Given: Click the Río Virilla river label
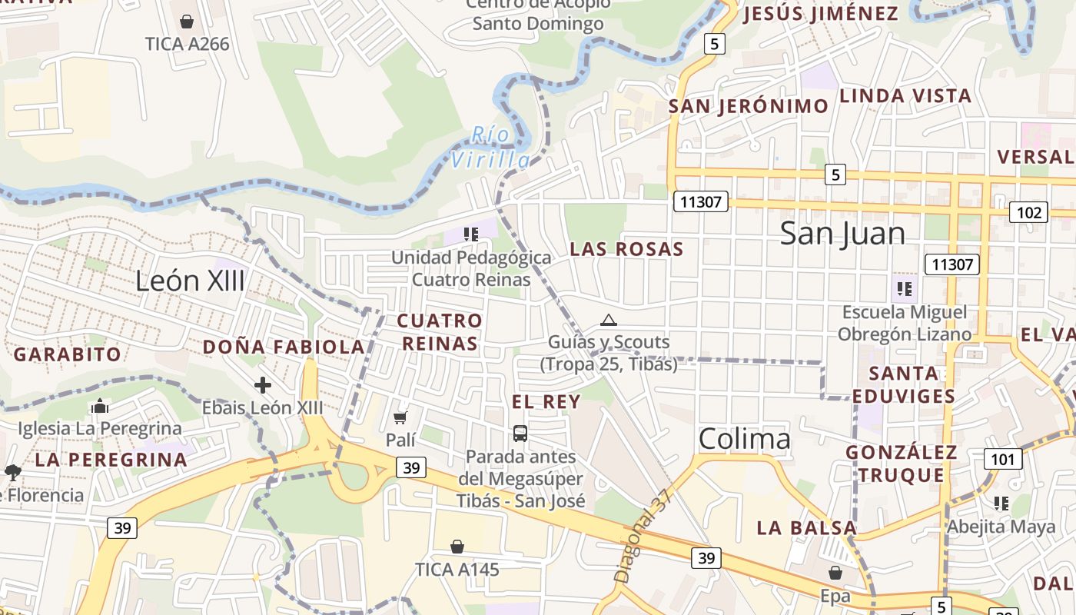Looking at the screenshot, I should (490, 147).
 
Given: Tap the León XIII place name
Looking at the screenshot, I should (190, 281).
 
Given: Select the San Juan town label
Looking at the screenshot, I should (843, 233).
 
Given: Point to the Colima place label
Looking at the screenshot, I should (745, 438).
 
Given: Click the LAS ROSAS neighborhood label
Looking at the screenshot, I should (626, 249).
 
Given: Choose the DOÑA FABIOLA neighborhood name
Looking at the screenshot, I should (284, 347).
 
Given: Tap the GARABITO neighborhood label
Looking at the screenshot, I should (68, 354).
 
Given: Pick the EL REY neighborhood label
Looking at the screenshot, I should (546, 401).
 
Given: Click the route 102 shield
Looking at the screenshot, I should (1028, 213).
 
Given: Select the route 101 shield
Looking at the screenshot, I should (1003, 460).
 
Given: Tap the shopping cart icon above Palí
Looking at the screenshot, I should (400, 417).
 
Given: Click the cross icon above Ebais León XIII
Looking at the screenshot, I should (263, 384).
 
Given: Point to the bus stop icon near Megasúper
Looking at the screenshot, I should (520, 434).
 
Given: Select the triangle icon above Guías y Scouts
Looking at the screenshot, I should (609, 320).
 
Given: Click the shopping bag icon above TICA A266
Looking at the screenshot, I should (186, 22).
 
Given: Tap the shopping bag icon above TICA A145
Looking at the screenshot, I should (457, 547).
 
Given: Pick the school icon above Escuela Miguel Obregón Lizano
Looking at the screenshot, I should (905, 289).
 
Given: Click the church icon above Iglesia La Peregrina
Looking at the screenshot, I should (99, 407).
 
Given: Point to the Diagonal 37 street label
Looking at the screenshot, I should (643, 536).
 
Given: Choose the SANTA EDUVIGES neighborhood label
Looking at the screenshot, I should (905, 384).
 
